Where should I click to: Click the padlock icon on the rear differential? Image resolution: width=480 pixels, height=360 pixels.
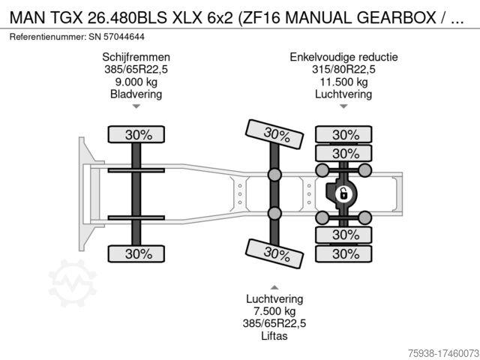(x=343, y=194)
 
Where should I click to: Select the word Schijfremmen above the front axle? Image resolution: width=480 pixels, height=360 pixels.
(x=136, y=57)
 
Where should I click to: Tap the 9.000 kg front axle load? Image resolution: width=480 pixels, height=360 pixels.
(x=136, y=82)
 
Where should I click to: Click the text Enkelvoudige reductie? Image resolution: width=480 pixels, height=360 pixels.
(x=343, y=57)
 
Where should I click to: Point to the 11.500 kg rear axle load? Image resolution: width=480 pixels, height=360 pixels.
(x=343, y=82)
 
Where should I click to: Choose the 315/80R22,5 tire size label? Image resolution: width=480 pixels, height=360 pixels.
(x=343, y=70)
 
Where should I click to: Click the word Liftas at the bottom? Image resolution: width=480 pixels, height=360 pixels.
(x=274, y=336)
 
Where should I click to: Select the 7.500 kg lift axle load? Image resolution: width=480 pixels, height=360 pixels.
(x=274, y=311)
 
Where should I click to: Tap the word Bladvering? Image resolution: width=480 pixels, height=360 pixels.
(x=136, y=94)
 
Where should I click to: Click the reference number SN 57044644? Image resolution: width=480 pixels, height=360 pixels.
(x=117, y=37)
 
